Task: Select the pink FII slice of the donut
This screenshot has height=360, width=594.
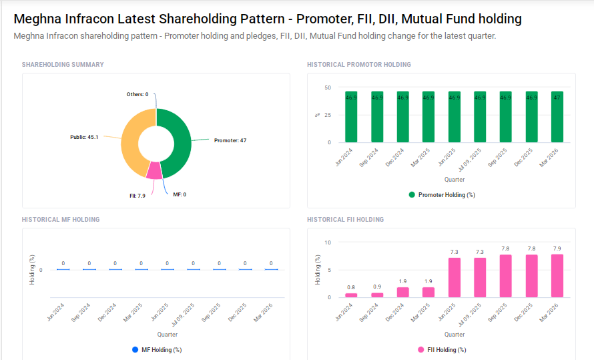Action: coord(154,170)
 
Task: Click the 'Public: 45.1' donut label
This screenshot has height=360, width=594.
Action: coord(84,137)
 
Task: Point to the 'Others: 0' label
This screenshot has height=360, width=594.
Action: coord(137,95)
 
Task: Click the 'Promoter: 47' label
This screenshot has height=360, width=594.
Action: coord(230,140)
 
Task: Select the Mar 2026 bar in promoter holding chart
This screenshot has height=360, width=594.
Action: coord(557,117)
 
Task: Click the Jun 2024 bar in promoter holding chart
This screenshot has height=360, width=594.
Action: coord(351,117)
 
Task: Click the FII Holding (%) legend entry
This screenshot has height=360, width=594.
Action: coord(442,349)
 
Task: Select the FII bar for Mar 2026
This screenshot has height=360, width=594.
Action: coord(557,276)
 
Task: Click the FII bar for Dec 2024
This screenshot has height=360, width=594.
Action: coord(402,292)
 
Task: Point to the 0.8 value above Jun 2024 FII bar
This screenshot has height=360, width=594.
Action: coord(351,287)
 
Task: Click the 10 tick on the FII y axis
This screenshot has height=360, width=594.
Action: coord(327,242)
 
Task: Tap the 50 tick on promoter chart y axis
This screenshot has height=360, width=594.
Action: coord(327,87)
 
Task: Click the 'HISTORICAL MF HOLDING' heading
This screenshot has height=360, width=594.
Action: coord(61,220)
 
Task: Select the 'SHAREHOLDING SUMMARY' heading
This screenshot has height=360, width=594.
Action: coord(63,65)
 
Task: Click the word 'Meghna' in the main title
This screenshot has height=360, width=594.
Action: coord(38,19)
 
